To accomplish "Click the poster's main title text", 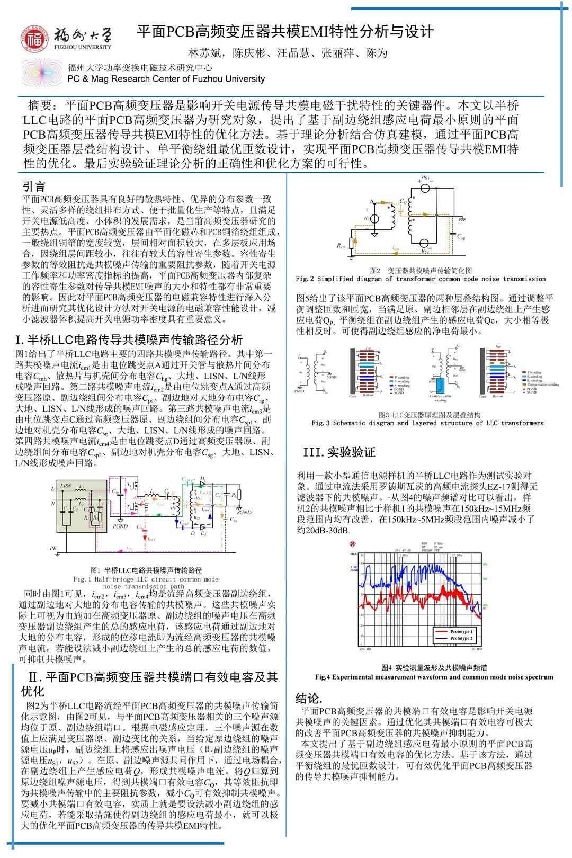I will pyautogui.click(x=285, y=32).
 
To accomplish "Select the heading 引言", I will pyautogui.click(x=34, y=186).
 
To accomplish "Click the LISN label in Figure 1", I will pyautogui.click(x=66, y=485).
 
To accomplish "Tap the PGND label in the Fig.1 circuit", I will pyautogui.click(x=120, y=526).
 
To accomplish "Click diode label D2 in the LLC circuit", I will pyautogui.click(x=203, y=533).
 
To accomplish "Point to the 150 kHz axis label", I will pyautogui.click(x=365, y=648).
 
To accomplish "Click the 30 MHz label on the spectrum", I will pyautogui.click(x=476, y=648).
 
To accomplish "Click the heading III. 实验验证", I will pyautogui.click(x=339, y=452).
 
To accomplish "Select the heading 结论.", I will pyautogui.click(x=309, y=697).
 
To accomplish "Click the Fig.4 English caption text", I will pyautogui.click(x=434, y=676).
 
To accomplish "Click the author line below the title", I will pyautogui.click(x=288, y=53).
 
